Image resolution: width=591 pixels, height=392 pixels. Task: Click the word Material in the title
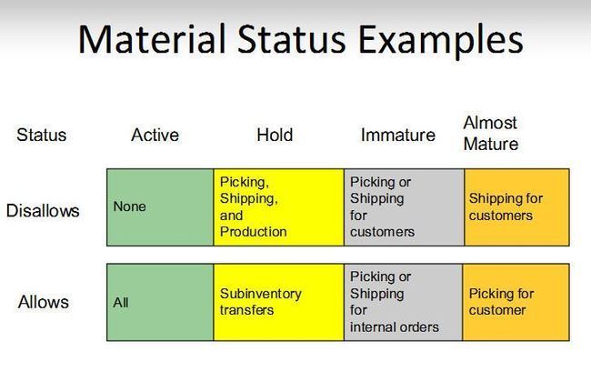pos(152,39)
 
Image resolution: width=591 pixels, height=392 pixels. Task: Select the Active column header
pos(155,135)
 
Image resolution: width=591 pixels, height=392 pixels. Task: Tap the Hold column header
pos(275,135)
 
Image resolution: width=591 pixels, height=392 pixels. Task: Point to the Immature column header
pos(398,135)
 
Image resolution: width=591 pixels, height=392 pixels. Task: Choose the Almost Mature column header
pos(491,133)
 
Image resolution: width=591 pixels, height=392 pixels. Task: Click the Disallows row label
pos(43,211)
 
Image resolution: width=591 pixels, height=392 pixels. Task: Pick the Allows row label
pos(44,302)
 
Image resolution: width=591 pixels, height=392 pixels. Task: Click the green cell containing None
pos(160,207)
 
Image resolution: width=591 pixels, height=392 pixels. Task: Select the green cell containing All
pos(160,302)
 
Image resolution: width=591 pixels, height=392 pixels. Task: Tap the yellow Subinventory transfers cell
pos(278,302)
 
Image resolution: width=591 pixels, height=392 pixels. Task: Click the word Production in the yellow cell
pos(254,232)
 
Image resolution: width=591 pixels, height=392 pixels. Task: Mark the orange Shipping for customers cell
pos(516,207)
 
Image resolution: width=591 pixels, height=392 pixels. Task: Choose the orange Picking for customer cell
pos(516,302)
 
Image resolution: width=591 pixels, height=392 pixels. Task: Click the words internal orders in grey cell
pos(395,327)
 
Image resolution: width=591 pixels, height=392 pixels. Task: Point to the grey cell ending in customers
pos(404,207)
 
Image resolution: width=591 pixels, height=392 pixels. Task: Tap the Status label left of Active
pos(42,135)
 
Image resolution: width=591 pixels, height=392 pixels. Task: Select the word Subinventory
pos(261,294)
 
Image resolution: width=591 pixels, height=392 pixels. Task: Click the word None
pos(130,206)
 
